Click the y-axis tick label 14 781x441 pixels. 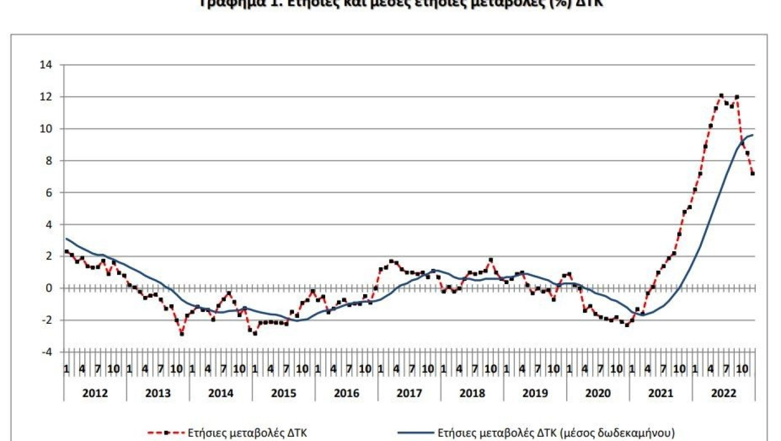click(x=45, y=65)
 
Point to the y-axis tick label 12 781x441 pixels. click(x=45, y=97)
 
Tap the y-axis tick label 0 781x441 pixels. click(x=48, y=288)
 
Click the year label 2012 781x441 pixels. click(x=95, y=393)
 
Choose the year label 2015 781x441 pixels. click(x=283, y=393)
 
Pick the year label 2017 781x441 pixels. click(x=409, y=393)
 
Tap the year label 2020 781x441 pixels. click(x=597, y=393)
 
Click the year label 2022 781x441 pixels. click(x=724, y=393)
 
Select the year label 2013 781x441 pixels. click(x=158, y=393)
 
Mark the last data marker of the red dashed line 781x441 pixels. click(x=753, y=174)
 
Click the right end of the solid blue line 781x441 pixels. click(x=753, y=135)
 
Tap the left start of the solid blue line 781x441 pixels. click(x=66, y=238)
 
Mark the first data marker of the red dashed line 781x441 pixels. click(x=66, y=251)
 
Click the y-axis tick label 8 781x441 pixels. click(x=48, y=161)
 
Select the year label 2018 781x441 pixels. click(x=472, y=393)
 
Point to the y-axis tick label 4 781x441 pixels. click(x=48, y=224)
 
